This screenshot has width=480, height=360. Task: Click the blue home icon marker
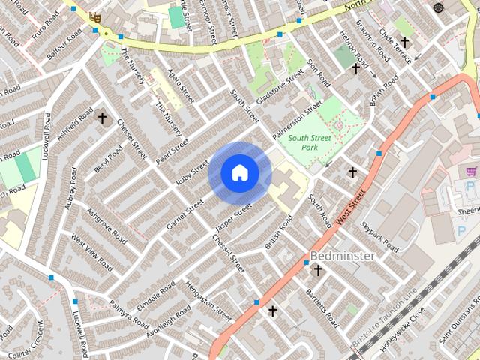pos(239,173)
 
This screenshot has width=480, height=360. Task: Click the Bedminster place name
pos(342,256)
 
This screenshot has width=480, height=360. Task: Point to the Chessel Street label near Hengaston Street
pos(228,253)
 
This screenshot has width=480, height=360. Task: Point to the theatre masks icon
pos(94,17)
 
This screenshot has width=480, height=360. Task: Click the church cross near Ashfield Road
pos(103,118)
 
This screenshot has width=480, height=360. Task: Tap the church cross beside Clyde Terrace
pos(405,43)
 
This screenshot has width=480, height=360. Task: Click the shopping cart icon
pos(471,172)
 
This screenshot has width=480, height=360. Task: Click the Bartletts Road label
pos(322,308)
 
